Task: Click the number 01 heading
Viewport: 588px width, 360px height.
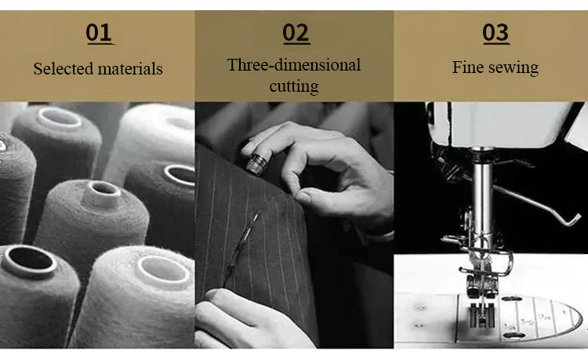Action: click(99, 33)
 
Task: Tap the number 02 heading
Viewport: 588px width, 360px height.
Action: click(296, 33)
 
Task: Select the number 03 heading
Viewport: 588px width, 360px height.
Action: click(495, 33)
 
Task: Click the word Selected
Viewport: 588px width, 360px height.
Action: click(63, 68)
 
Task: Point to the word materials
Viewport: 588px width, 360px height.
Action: click(130, 69)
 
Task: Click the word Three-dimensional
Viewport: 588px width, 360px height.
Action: click(294, 65)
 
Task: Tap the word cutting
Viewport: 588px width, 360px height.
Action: click(294, 86)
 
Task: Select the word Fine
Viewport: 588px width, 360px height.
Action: click(468, 67)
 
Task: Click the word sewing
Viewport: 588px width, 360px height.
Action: click(514, 68)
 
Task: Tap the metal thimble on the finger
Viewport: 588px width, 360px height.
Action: click(257, 163)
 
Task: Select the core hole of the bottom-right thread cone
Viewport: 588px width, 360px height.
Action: click(163, 269)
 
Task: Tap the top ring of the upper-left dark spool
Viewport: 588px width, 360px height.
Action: click(60, 118)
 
